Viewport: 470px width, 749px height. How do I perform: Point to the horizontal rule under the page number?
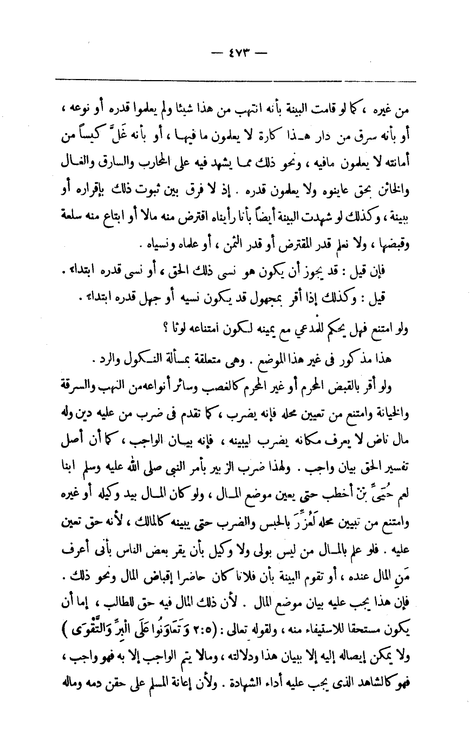coord(235,80)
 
